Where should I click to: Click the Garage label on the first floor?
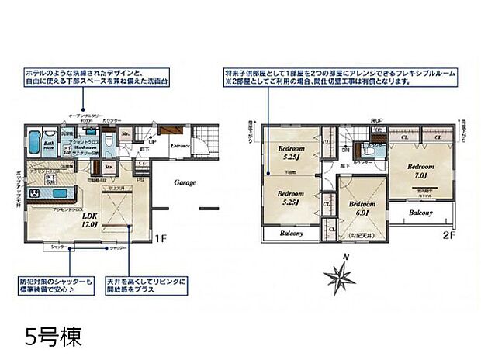point(184,183)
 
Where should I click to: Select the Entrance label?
point(181,145)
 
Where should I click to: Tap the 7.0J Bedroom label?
point(420,170)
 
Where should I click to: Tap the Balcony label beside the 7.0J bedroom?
point(420,213)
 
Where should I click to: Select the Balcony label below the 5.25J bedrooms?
point(289,233)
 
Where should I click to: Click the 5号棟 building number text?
point(52,338)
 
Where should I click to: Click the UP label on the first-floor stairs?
point(152,142)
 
